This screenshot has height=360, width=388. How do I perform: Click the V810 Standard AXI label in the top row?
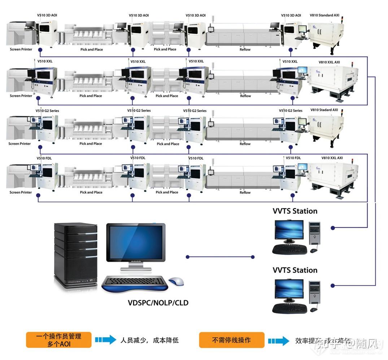click(x=324, y=16)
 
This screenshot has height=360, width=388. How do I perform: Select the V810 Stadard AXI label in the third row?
click(x=324, y=110)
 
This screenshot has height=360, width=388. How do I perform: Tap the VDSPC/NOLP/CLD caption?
click(x=158, y=303)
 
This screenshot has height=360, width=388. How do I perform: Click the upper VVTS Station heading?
click(x=295, y=211)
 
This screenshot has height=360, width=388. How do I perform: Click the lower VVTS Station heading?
click(x=295, y=270)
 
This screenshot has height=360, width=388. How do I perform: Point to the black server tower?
click(x=75, y=254)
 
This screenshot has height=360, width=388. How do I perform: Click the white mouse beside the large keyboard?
click(x=176, y=281)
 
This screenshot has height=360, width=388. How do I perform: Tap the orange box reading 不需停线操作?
click(x=231, y=340)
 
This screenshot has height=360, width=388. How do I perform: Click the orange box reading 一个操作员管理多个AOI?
click(x=58, y=340)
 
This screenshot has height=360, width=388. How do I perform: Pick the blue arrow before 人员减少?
click(x=105, y=340)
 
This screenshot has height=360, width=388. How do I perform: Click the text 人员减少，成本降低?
click(x=150, y=340)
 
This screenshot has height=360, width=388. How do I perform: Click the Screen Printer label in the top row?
click(x=21, y=49)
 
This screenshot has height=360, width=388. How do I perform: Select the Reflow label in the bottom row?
click(x=245, y=193)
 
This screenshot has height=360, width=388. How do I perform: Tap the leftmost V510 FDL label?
click(x=45, y=158)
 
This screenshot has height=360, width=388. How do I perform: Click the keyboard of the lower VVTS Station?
click(x=289, y=308)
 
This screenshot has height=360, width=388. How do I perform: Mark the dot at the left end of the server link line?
click(x=188, y=257)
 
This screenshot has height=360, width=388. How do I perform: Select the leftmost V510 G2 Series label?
click(x=47, y=111)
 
